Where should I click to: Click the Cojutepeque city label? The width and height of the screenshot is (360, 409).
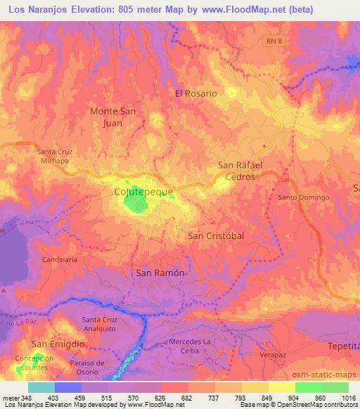[x=143, y=190]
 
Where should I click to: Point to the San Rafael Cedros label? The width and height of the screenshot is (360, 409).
[x=240, y=171]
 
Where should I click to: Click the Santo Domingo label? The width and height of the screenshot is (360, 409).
[x=304, y=197]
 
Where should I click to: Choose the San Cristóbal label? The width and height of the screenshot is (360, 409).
[x=216, y=236]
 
